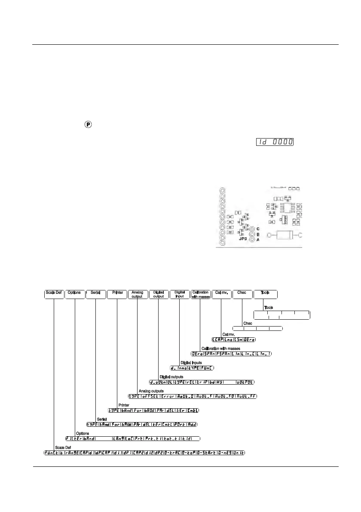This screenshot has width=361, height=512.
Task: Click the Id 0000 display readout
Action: click(275, 142)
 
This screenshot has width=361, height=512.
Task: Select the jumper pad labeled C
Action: click(253, 229)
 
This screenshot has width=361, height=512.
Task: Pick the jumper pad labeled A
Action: click(253, 240)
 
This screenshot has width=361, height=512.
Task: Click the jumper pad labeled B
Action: click(253, 234)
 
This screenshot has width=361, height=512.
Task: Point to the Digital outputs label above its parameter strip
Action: click(171, 376)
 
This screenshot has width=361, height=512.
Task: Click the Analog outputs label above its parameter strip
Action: click(151, 391)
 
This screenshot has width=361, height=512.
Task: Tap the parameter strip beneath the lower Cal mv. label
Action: click(234, 339)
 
